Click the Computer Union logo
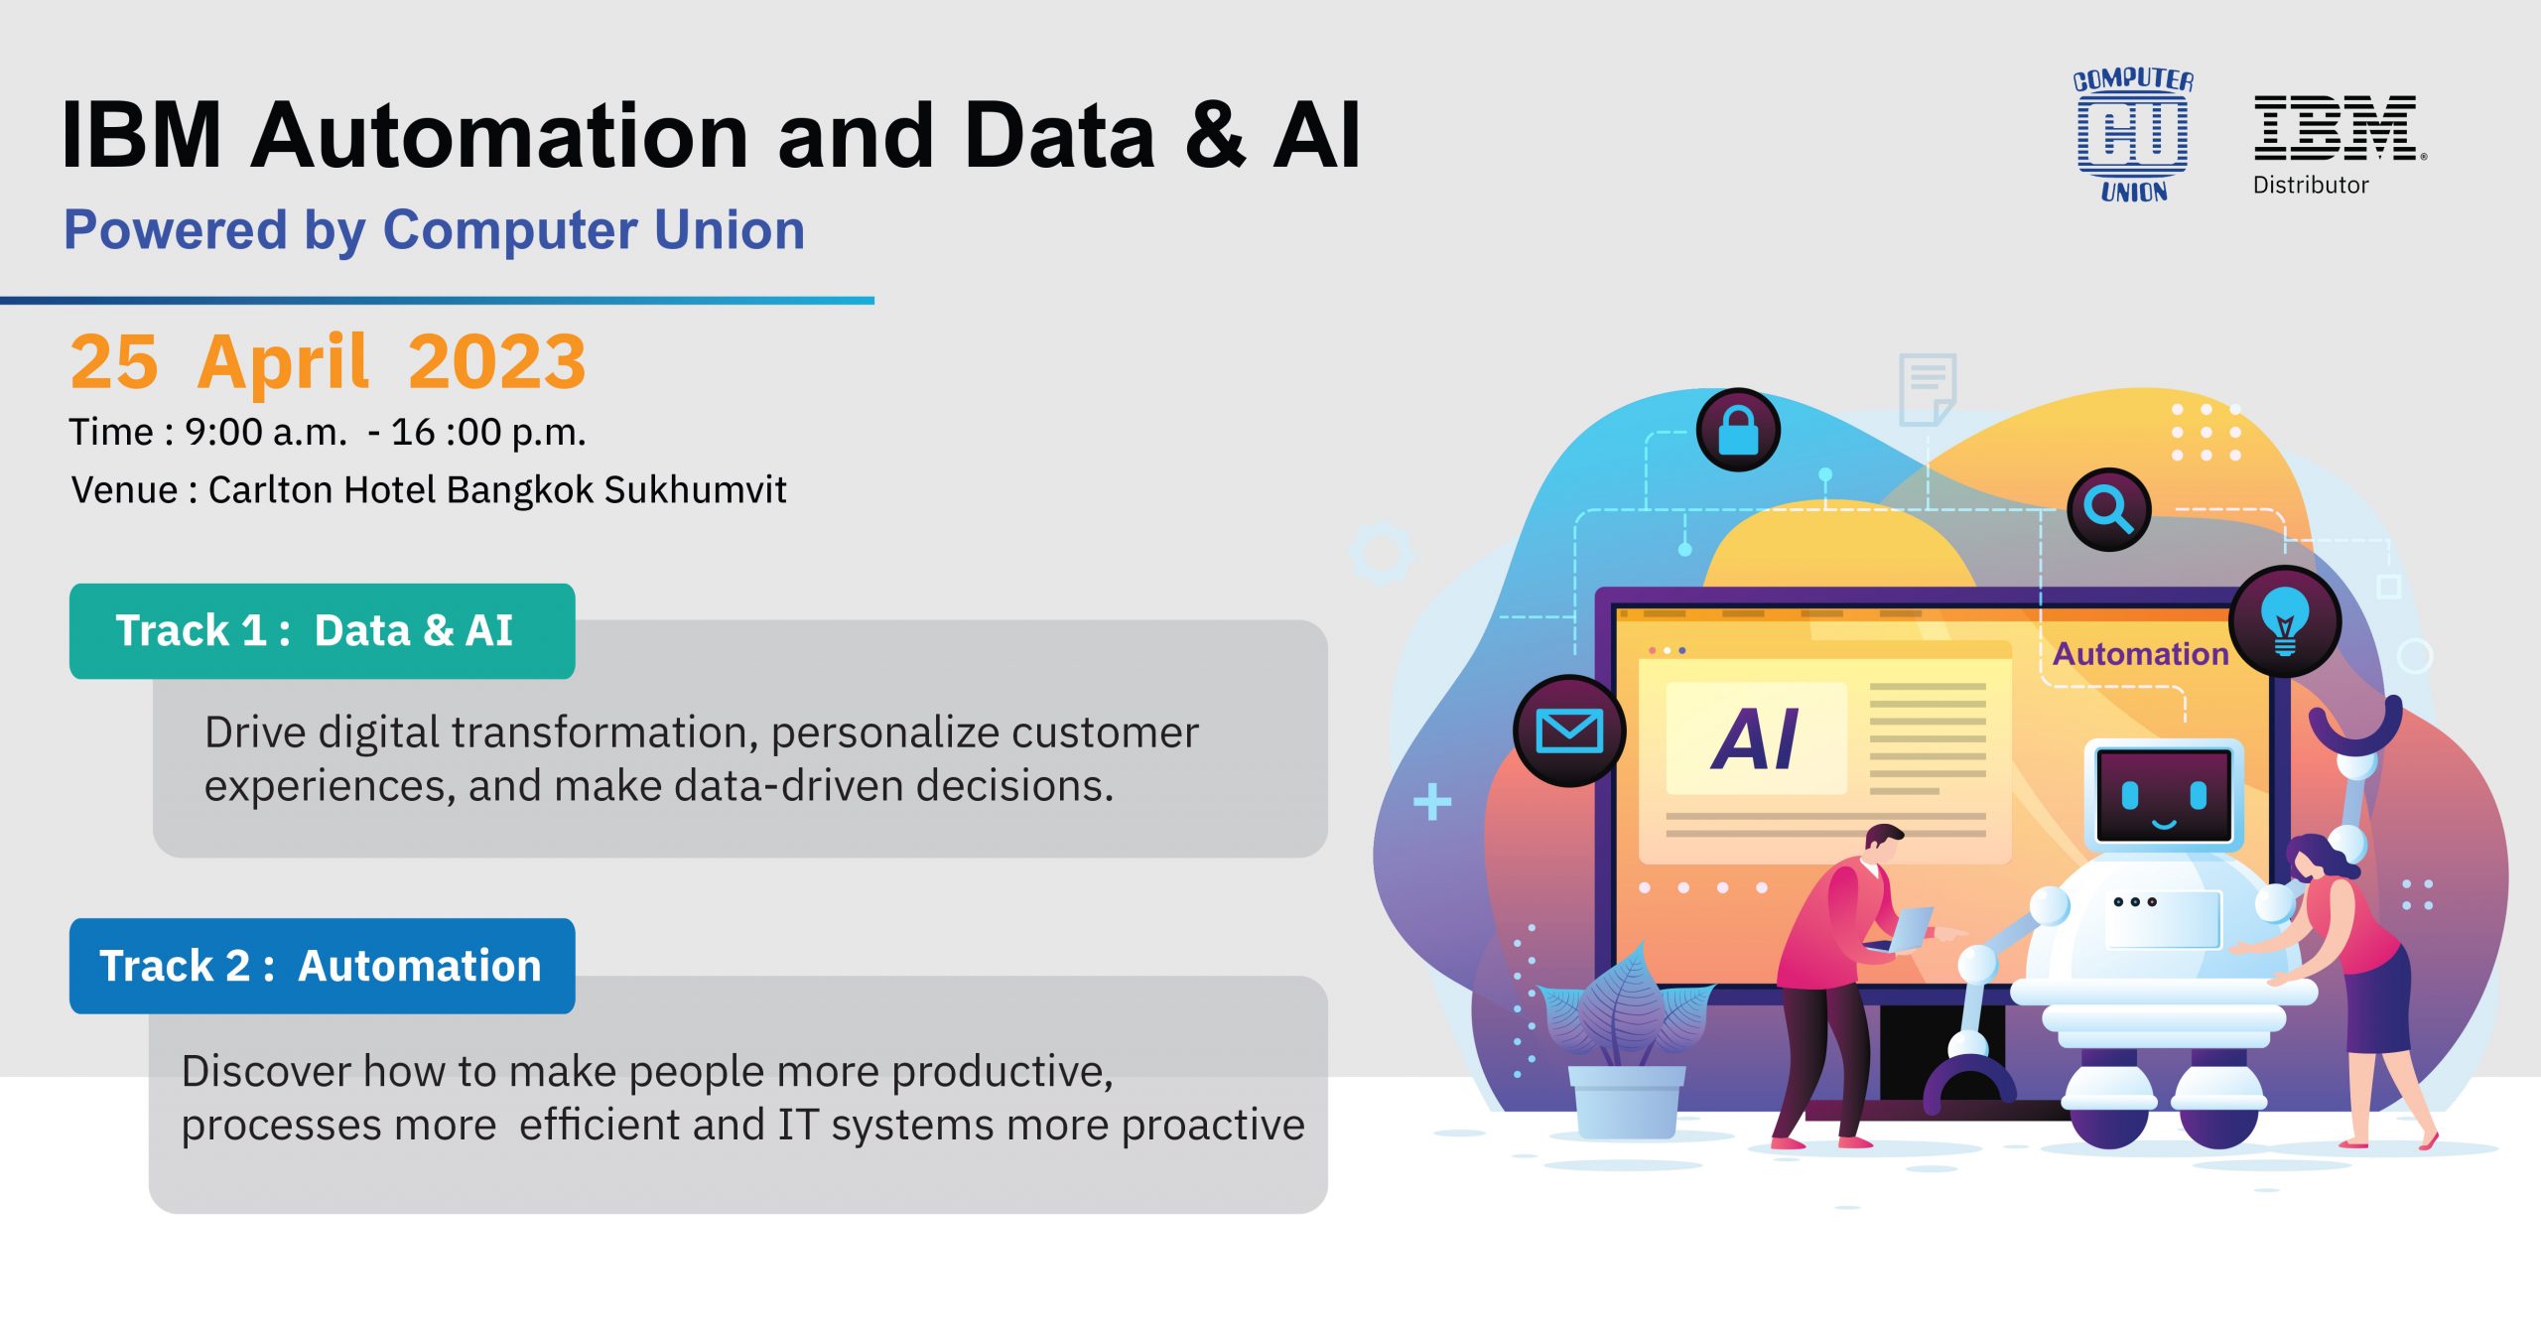pyautogui.click(x=2133, y=135)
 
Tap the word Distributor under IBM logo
pyautogui.click(x=2311, y=185)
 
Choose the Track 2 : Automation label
pyautogui.click(x=322, y=966)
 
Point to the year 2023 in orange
pyautogui.click(x=497, y=361)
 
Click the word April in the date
pyautogui.click(x=283, y=363)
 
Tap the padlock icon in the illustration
pyautogui.click(x=1738, y=430)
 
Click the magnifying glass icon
pyautogui.click(x=2108, y=509)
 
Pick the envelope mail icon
pyautogui.click(x=1569, y=731)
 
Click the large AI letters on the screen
pyautogui.click(x=1755, y=739)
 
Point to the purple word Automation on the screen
pyautogui.click(x=2140, y=654)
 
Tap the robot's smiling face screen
pyautogui.click(x=2164, y=795)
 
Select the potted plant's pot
pyautogui.click(x=1627, y=1101)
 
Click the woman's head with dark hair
pyautogui.click(x=2318, y=860)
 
